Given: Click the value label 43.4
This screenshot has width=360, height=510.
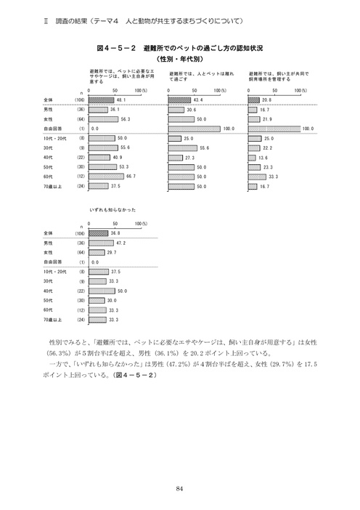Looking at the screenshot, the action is point(198,99).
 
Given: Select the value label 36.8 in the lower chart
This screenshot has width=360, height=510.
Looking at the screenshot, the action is point(116,233).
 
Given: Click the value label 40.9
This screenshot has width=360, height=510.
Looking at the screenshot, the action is point(118,157).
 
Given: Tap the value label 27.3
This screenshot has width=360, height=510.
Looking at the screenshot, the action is point(189,157).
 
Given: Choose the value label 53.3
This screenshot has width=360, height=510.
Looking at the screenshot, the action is point(123,166).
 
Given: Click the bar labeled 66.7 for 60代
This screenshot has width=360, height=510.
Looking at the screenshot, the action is point(106,176).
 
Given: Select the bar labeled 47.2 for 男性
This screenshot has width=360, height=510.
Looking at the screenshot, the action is point(101,243).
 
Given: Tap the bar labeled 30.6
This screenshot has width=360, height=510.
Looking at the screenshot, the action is point(175,109).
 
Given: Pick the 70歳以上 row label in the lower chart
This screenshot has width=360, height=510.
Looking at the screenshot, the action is point(54,319).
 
